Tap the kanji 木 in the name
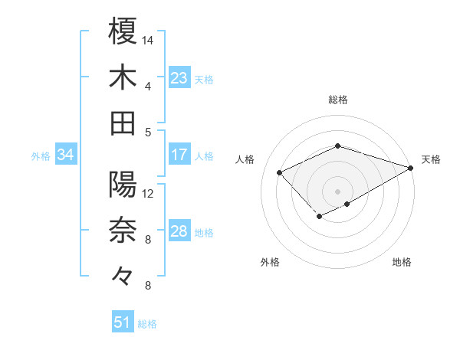coord(123,77)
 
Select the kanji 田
coord(123,123)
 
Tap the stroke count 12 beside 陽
coord(148,193)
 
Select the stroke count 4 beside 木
coord(148,86)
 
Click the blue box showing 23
coord(179,78)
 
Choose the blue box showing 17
coord(179,155)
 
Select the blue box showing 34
coord(66,155)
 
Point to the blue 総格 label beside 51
coord(147,324)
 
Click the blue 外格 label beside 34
coord(41,156)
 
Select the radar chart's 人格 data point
coord(280,172)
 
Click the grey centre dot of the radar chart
coord(337,191)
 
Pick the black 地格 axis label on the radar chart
coord(402,262)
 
